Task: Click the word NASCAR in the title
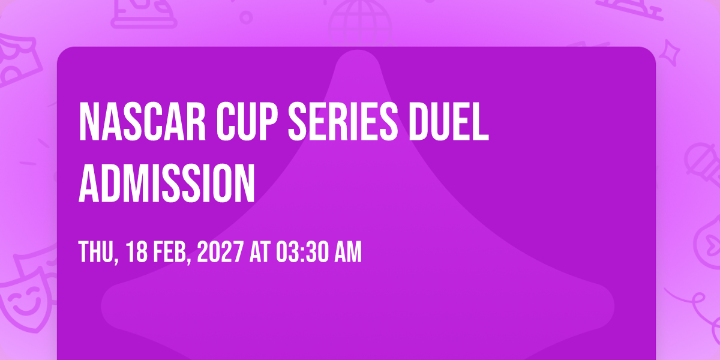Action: click(142, 121)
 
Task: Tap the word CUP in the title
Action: click(247, 121)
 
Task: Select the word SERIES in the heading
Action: click(343, 121)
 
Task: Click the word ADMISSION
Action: click(167, 183)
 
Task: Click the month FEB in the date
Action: click(172, 251)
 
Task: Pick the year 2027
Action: click(220, 251)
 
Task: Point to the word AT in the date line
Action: click(260, 251)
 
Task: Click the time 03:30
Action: click(302, 251)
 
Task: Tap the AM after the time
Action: click(348, 251)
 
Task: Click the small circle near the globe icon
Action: click(246, 17)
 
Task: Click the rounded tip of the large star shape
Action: click(358, 53)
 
